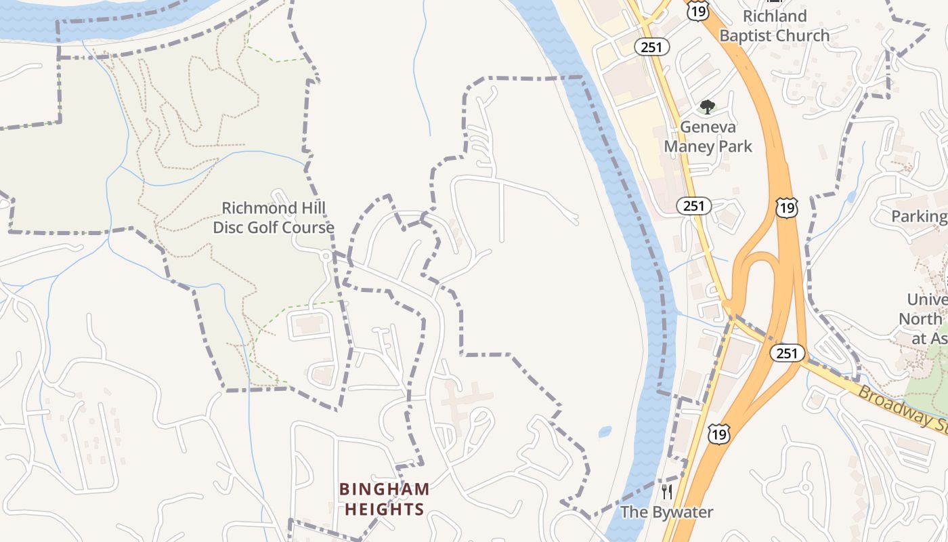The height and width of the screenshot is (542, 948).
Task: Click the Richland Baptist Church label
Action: tap(774, 26)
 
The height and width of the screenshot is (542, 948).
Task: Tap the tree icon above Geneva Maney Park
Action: tap(707, 107)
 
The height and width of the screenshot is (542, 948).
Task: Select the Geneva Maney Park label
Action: tap(708, 136)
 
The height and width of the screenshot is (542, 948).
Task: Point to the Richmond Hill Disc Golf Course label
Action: tap(274, 217)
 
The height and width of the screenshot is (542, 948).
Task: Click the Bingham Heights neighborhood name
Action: tap(384, 499)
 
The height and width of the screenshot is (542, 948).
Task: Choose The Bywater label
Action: tap(666, 512)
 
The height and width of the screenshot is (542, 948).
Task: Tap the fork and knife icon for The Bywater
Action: tap(667, 492)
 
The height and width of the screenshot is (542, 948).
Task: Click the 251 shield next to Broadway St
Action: tap(787, 353)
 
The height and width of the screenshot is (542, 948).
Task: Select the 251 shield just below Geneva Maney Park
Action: tap(693, 206)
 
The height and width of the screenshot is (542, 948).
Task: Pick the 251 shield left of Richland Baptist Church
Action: tap(652, 47)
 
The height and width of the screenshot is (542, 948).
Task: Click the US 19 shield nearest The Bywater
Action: tap(718, 434)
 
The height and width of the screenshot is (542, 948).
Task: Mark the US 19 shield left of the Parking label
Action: tap(787, 208)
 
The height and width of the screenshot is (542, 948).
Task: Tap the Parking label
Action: tap(919, 216)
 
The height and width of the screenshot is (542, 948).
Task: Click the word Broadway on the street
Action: tap(888, 403)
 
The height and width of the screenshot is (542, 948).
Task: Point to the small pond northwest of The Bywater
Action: tap(605, 431)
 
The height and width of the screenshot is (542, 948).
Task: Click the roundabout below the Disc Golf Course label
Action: tap(326, 255)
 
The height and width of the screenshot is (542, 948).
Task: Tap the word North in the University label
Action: tap(921, 318)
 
